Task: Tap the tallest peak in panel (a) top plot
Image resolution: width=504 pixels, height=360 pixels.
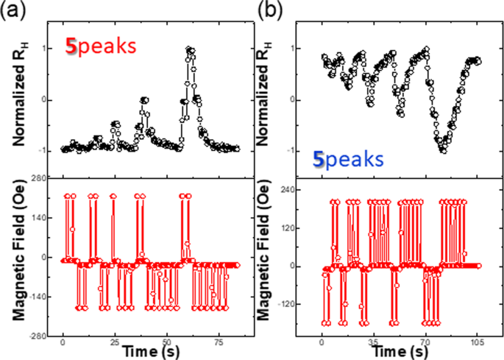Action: pos(190,50)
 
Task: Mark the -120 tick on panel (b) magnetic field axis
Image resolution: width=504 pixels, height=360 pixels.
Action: pos(297,304)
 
